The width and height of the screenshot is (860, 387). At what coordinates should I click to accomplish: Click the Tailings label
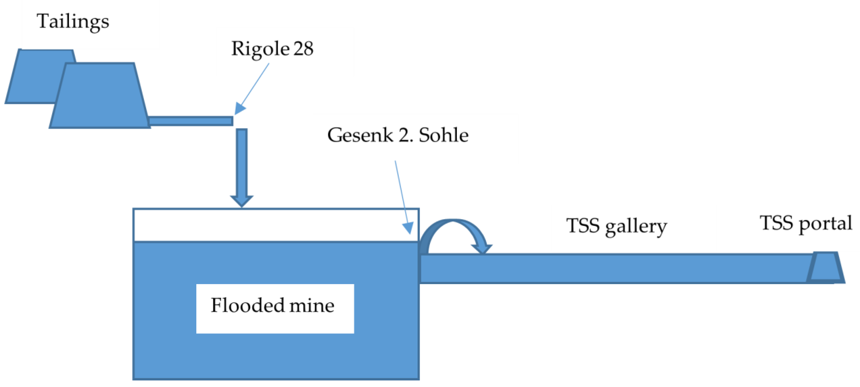[73, 21]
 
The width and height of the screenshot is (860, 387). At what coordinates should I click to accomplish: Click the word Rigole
[260, 49]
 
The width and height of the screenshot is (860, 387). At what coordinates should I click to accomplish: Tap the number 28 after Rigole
[303, 49]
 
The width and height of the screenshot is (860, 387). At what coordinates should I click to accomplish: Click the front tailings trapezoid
[100, 97]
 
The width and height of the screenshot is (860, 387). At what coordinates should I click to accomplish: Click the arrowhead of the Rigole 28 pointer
[239, 109]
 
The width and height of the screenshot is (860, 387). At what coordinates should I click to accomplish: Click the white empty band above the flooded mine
[267, 225]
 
